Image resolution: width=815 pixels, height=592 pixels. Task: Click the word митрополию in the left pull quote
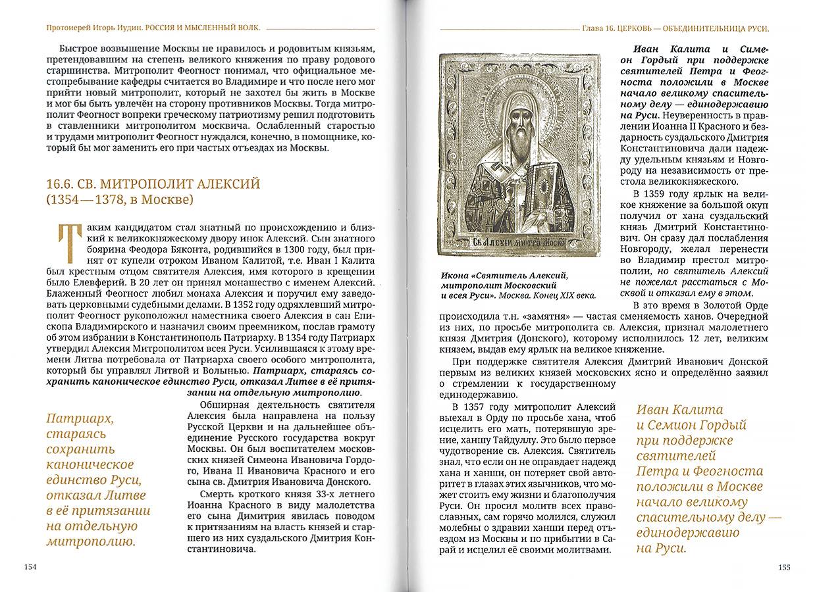[x=91, y=542]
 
